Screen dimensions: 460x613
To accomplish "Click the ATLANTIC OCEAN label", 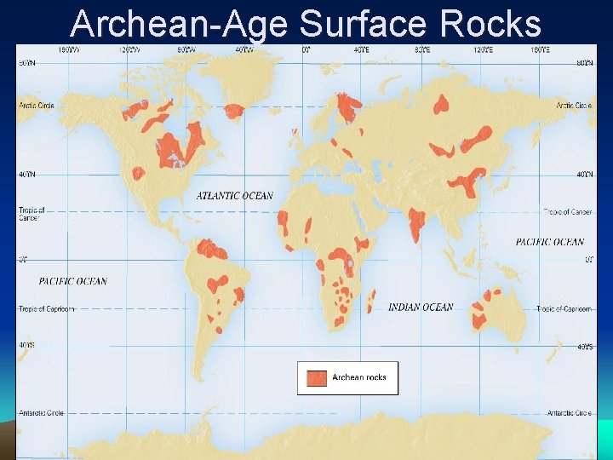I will tap(235, 196).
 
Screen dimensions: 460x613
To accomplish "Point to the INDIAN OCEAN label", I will tap(421, 307).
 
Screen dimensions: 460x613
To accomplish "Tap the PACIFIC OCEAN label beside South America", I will tap(73, 281).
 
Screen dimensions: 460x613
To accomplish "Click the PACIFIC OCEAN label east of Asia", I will tap(550, 242).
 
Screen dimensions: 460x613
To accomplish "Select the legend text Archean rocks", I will tap(359, 377).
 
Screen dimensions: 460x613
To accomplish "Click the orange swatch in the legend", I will tap(317, 377).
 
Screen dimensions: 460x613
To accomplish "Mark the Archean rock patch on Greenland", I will tap(233, 110).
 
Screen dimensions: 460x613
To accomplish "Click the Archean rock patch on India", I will tap(417, 223).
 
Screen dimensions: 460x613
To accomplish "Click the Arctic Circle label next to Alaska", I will tap(33, 106).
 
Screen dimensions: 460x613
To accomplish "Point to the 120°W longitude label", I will tap(129, 50).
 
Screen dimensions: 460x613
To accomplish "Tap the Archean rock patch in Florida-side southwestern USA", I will tap(138, 174).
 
